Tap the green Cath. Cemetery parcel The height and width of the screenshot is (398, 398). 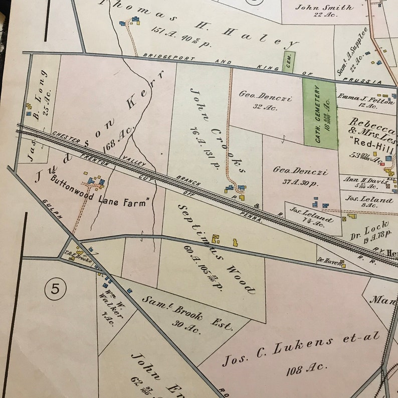click(319, 114)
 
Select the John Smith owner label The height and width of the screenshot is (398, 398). click(324, 7)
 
